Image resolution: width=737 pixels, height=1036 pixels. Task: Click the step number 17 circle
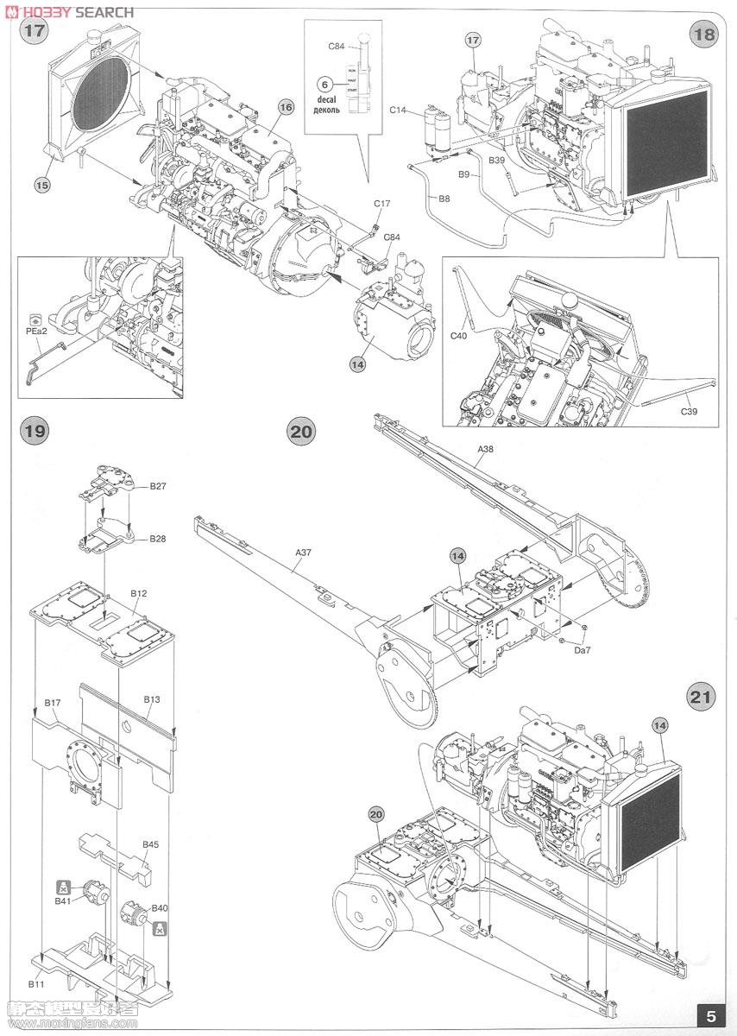35,32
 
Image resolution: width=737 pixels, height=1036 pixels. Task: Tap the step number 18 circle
703,35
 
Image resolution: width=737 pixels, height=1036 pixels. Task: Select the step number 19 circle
34,429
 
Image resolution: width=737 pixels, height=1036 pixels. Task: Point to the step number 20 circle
302,431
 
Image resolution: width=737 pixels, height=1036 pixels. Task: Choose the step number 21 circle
702,696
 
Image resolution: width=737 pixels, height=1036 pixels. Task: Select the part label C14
398,110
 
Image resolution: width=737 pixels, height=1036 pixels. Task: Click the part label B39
496,161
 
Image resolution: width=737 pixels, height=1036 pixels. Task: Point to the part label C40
461,336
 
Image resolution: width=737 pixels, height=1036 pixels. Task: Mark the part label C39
688,411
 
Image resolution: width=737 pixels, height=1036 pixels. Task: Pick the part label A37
304,552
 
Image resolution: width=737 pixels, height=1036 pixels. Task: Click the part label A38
488,450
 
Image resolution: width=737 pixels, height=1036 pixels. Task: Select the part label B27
158,486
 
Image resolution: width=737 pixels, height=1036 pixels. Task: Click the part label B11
35,983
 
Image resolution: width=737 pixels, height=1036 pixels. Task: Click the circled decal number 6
324,84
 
